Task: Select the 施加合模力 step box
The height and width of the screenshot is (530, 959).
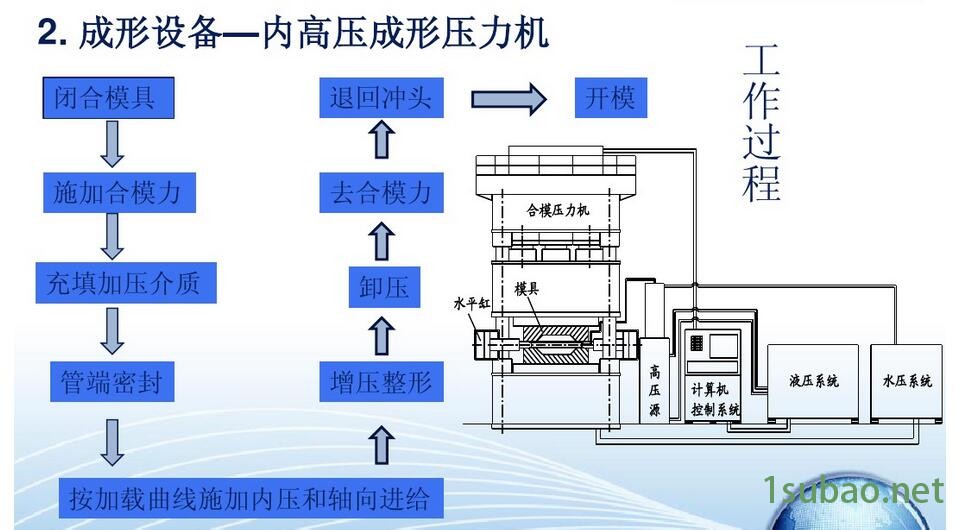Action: point(118,190)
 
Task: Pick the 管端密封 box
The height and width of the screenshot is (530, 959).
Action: point(111,380)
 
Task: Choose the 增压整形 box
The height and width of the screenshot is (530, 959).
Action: point(380,380)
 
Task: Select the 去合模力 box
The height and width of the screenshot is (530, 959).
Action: point(380,191)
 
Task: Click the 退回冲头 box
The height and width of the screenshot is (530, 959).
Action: point(380,98)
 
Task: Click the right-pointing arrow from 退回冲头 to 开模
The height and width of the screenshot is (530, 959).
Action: point(508,98)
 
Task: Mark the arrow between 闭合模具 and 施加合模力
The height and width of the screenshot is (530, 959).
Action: point(112,143)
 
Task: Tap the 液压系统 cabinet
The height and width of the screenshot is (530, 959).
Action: point(813,381)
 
